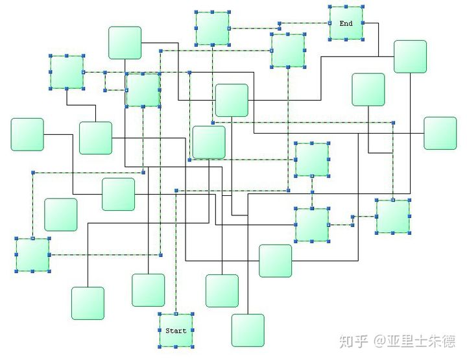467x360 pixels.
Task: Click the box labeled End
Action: click(346, 23)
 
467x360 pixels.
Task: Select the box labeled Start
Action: click(176, 330)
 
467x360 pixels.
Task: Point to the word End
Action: click(346, 23)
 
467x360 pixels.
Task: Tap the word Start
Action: click(176, 331)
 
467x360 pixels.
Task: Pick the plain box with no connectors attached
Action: click(61, 215)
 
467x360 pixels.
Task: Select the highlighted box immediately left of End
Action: click(288, 50)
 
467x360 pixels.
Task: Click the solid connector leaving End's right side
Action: click(372, 23)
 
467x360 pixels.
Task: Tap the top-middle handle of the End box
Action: click(346, 7)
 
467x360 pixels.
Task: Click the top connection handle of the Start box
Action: click(176, 314)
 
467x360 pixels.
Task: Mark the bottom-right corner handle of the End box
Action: click(362, 39)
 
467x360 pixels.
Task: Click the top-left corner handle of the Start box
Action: click(160, 315)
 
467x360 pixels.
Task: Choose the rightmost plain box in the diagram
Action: click(440, 133)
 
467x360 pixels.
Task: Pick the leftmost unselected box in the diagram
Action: click(27, 134)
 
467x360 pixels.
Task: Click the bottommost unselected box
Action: click(248, 330)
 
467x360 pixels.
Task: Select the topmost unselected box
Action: click(125, 43)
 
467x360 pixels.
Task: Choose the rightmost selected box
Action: click(393, 216)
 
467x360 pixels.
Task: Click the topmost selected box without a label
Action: click(212, 29)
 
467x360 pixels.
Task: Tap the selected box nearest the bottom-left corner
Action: click(32, 255)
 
